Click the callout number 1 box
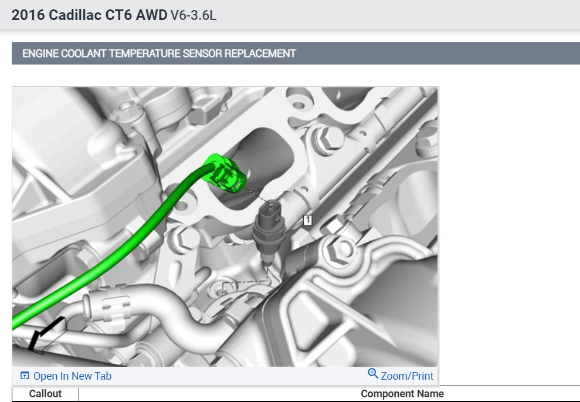(x=307, y=220)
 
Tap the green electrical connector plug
(x=224, y=173)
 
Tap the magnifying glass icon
(x=373, y=373)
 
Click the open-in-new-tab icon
(x=25, y=376)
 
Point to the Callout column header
(x=46, y=393)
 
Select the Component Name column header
(x=402, y=393)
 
